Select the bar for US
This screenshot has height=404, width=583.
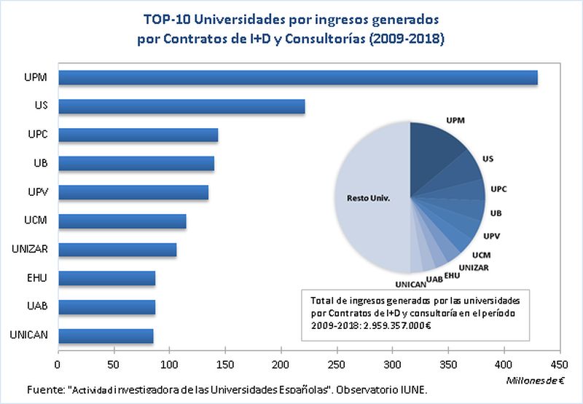(181, 107)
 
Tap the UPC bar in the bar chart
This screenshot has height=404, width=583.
(138, 135)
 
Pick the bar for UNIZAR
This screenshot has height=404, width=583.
(117, 250)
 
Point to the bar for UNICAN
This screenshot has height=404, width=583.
(106, 336)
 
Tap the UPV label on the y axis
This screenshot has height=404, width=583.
(36, 192)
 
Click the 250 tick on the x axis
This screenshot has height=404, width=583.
(337, 363)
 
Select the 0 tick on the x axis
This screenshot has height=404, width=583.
(58, 363)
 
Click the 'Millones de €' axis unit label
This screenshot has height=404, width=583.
(535, 379)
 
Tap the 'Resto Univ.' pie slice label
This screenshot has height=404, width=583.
(368, 197)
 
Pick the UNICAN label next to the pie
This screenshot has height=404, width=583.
(409, 284)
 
